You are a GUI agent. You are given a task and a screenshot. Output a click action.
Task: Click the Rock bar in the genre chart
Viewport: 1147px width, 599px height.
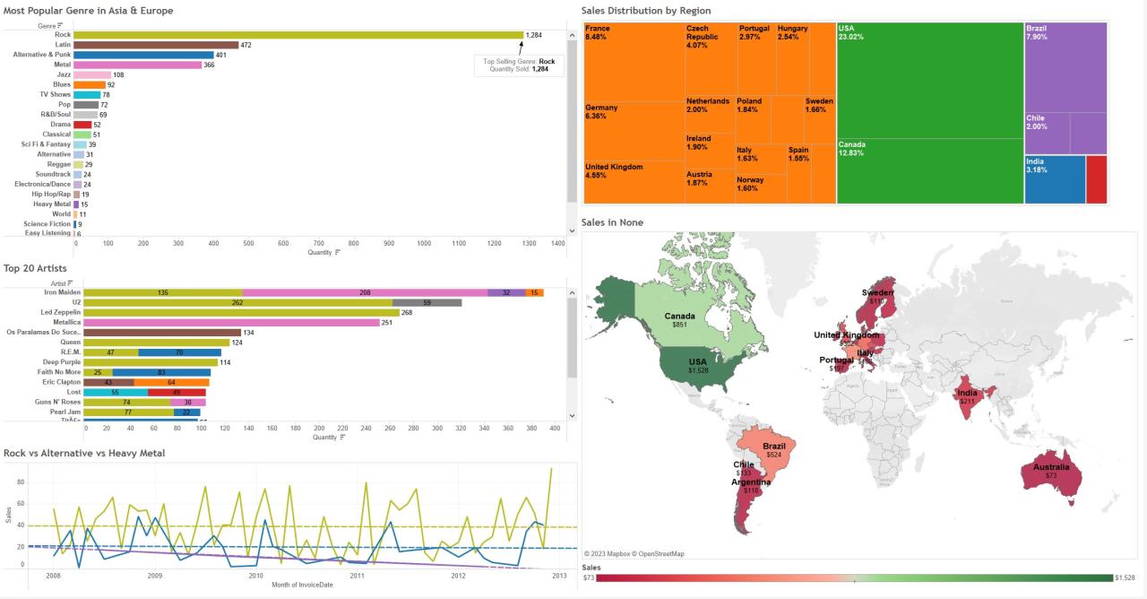[x=298, y=35]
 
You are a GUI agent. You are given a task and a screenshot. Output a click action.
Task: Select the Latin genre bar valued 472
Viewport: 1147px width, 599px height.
[x=156, y=45]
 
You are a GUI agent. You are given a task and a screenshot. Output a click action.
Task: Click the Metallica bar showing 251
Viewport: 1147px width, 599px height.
[x=231, y=323]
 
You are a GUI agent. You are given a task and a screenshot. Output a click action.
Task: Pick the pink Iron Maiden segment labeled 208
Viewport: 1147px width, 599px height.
[x=365, y=292]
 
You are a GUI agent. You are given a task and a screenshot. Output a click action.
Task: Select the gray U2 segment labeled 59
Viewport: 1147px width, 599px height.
[x=427, y=303]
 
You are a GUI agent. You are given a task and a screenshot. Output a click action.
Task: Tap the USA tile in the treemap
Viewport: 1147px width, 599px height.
[x=929, y=81]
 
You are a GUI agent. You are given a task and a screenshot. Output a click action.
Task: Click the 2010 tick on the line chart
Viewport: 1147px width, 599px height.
[x=255, y=576]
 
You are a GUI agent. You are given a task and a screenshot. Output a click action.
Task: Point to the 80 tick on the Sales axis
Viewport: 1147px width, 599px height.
[x=21, y=482]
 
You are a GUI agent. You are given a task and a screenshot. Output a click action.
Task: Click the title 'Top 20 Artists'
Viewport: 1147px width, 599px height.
[x=35, y=268]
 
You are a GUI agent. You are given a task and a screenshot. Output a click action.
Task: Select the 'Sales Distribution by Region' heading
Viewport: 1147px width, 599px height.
[x=645, y=11]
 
